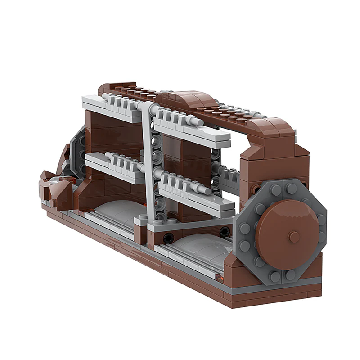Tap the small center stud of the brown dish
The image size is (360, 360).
coord(294,237)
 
